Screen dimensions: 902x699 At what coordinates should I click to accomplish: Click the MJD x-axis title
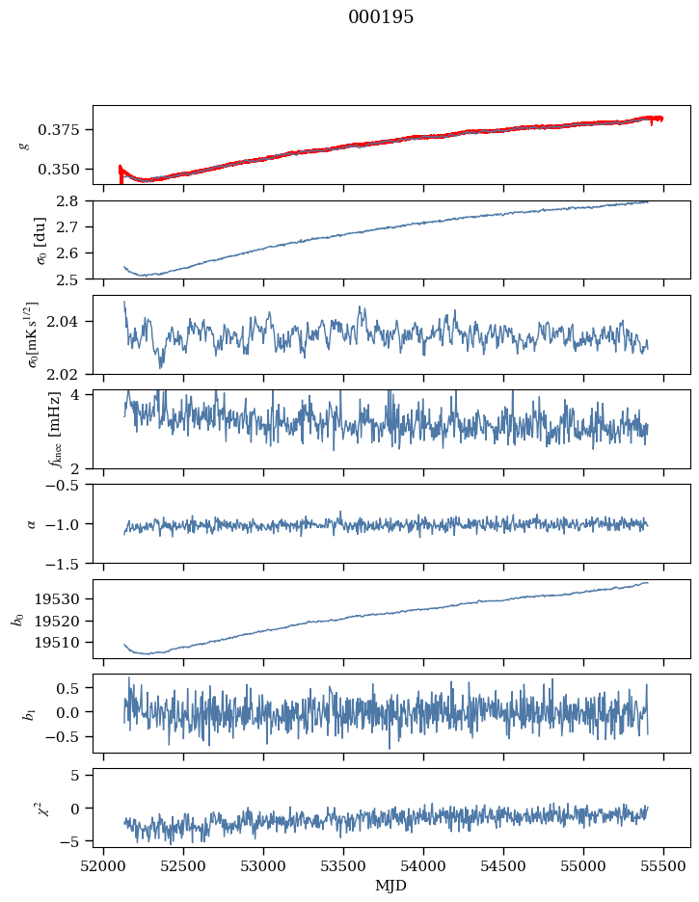click(391, 886)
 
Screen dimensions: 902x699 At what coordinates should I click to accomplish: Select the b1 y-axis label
click(18, 713)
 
